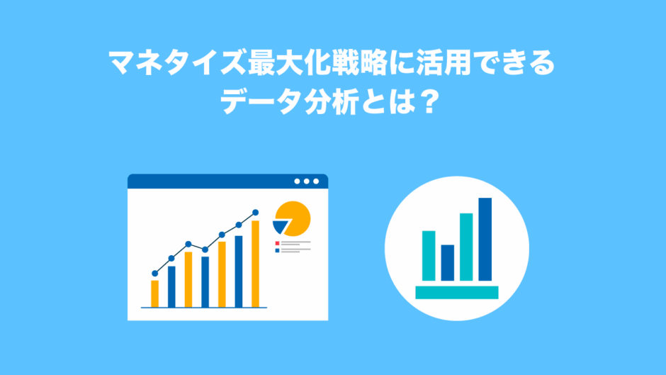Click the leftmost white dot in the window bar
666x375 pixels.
point(297,181)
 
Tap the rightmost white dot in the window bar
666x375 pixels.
point(316,181)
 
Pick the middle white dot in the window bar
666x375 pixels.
point(306,181)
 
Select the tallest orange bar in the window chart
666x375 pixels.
point(255,264)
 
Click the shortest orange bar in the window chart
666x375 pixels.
point(154,293)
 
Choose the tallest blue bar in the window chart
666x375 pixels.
point(239,272)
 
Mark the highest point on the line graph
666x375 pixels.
point(255,213)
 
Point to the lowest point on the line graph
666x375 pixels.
point(154,274)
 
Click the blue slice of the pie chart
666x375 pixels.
point(279,227)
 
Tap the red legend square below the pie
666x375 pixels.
point(277,244)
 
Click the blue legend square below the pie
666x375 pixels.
point(277,251)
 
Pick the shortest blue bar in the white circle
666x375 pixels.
point(447,263)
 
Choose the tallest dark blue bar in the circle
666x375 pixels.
point(485,240)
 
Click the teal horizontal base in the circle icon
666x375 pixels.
point(456,293)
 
